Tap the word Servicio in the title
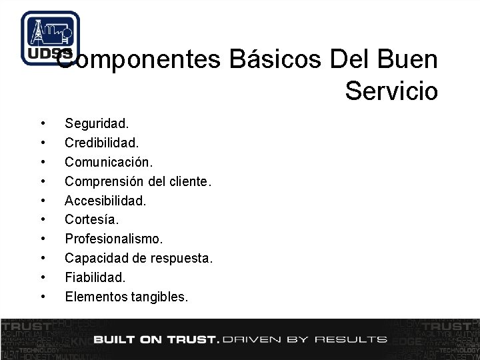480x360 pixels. point(391,90)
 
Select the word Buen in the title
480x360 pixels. point(407,60)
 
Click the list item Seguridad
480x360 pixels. point(97,123)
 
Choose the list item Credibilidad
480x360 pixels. point(101,143)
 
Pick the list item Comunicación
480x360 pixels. point(109,162)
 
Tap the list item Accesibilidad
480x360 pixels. point(105,200)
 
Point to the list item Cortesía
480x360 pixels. point(92,219)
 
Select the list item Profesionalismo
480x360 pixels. point(113,239)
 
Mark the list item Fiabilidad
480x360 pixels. point(95,277)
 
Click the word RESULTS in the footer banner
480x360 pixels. point(351,339)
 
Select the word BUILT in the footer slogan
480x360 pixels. point(115,339)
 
